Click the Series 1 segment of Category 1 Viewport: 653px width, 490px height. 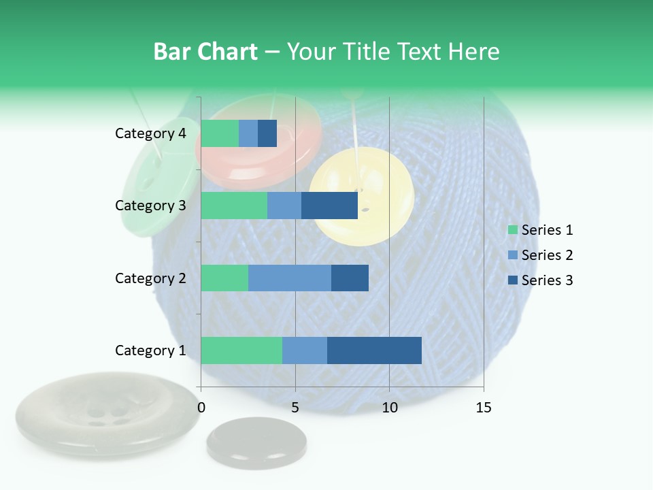(x=241, y=350)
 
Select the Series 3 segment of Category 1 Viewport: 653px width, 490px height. (x=374, y=350)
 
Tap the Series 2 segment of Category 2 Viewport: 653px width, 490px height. (x=290, y=278)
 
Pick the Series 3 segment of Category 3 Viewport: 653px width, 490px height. (x=329, y=206)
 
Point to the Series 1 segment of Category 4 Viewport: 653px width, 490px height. (x=220, y=133)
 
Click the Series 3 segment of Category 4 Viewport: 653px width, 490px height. (x=267, y=133)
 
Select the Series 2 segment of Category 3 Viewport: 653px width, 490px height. (x=284, y=206)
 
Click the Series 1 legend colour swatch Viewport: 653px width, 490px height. (x=512, y=230)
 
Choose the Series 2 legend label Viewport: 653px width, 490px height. (x=547, y=255)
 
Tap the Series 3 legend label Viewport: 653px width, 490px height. (x=547, y=280)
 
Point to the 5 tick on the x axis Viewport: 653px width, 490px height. (x=295, y=408)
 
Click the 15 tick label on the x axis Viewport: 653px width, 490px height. (x=484, y=408)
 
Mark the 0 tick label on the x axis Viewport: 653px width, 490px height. (x=201, y=408)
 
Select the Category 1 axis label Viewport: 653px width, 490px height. (x=150, y=350)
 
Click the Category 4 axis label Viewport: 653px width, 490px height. (x=150, y=133)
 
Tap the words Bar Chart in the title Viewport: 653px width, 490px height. (x=205, y=52)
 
